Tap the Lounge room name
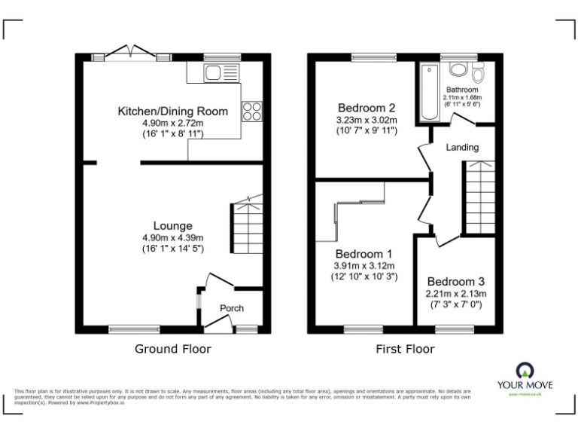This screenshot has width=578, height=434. click(x=172, y=225)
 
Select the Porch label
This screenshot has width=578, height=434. click(x=231, y=308)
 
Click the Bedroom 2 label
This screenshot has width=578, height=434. click(x=367, y=107)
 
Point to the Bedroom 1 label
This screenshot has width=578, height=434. click(x=364, y=254)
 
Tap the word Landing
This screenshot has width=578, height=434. click(x=462, y=148)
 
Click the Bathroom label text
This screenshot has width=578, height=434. click(x=462, y=90)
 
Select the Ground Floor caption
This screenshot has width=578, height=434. click(x=172, y=349)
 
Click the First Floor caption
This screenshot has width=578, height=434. click(x=405, y=349)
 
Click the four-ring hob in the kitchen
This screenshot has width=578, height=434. click(x=251, y=112)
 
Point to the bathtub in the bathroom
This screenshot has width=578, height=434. click(x=430, y=93)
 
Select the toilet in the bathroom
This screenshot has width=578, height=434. click(x=477, y=73)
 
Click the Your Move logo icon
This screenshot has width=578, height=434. click(x=525, y=369)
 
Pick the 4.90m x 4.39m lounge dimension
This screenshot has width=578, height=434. click(x=172, y=237)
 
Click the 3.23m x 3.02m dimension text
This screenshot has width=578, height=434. click(x=367, y=119)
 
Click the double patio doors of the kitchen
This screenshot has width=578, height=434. click(x=132, y=53)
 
